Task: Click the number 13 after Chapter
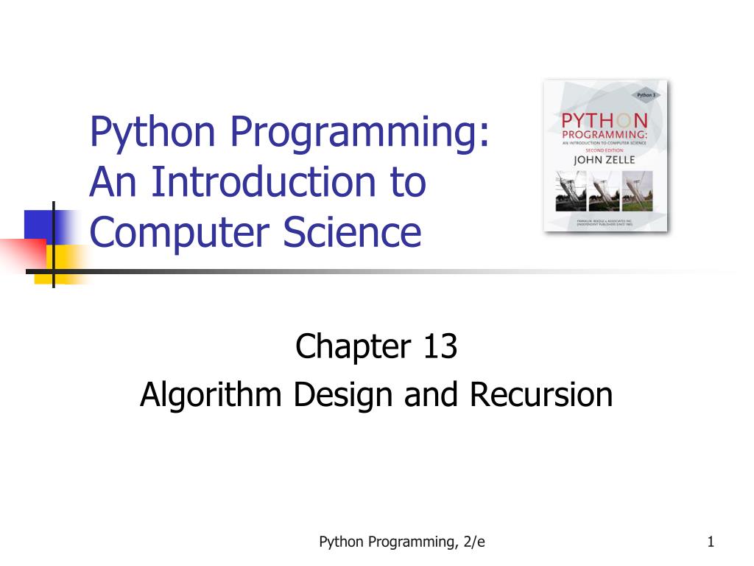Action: [x=440, y=347]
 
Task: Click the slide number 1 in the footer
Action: [x=711, y=542]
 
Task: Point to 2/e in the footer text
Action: [x=475, y=542]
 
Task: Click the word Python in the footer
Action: [x=341, y=542]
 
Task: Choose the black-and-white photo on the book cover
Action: [x=571, y=191]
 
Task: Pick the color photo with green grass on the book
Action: [x=638, y=191]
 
